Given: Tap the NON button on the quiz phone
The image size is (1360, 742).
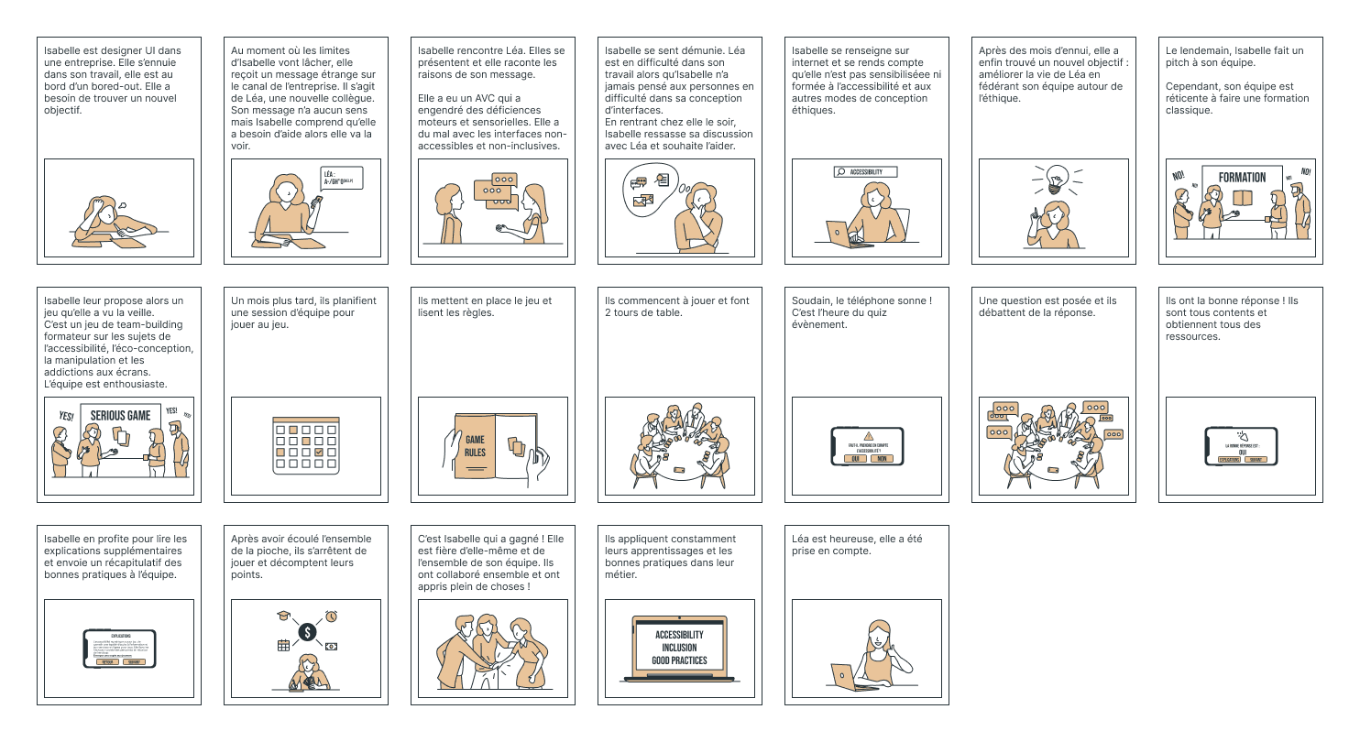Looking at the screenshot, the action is pos(881,458).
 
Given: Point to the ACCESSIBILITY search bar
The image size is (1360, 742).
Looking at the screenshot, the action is pos(865,171).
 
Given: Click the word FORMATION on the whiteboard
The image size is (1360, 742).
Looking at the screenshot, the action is pos(1242,178).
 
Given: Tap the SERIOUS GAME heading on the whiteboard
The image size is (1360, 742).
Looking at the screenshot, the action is pos(120,416).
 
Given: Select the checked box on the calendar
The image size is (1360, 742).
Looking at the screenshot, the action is pos(318,452).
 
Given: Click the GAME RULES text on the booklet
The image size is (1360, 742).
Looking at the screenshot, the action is pos(475,445).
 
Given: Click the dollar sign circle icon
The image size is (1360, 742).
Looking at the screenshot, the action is pos(307,632).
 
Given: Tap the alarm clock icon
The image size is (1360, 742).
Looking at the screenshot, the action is pos(331,617).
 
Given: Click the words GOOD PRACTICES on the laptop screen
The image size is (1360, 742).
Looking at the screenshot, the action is pos(679,660).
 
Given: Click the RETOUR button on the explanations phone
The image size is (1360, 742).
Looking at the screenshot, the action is pos(107,660).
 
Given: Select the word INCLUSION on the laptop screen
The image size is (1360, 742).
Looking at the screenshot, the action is pos(679,648).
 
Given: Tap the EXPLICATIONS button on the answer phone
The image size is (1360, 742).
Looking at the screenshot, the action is pos(1227,459).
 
